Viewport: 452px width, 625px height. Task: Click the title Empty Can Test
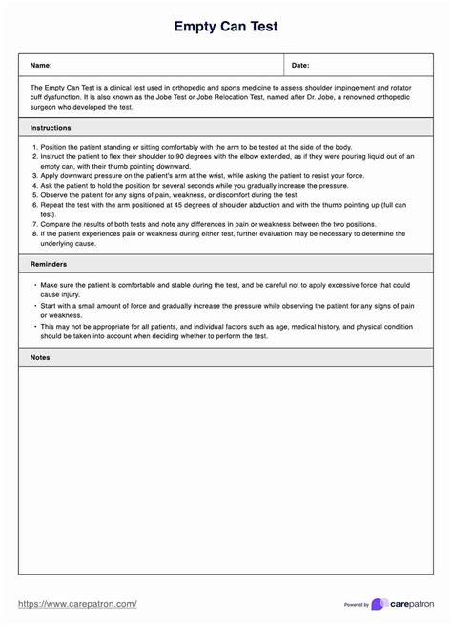point(226,27)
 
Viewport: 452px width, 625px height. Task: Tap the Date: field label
point(300,65)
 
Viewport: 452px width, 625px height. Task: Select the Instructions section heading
point(50,127)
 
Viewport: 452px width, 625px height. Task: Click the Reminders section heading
point(49,262)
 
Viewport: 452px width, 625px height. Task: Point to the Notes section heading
point(40,357)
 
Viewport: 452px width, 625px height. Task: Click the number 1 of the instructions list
point(33,147)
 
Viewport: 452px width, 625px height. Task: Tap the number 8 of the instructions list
point(33,232)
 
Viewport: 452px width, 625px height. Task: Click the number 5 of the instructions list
point(33,194)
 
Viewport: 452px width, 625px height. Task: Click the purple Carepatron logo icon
point(379,604)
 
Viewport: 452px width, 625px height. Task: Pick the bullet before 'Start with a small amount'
point(35,306)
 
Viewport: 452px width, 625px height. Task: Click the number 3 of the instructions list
point(33,175)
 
